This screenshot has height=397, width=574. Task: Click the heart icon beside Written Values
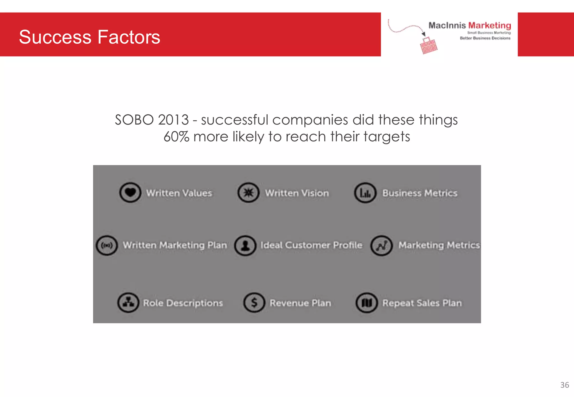[130, 193]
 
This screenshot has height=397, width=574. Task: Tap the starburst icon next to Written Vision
[248, 193]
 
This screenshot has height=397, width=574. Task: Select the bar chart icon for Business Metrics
[365, 193]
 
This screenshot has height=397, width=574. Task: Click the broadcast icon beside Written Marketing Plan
[107, 246]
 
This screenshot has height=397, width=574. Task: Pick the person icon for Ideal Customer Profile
[245, 246]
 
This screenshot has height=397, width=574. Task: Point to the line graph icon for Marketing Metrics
[381, 246]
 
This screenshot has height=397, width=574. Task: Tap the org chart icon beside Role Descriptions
[128, 303]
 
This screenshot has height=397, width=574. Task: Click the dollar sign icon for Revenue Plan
[254, 303]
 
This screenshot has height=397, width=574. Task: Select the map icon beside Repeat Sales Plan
[367, 303]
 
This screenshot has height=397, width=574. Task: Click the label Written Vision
[297, 193]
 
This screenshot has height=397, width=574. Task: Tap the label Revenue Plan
[300, 303]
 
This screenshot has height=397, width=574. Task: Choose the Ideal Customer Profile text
[311, 245]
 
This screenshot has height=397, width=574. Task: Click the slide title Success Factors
[89, 37]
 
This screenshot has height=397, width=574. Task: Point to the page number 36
[564, 385]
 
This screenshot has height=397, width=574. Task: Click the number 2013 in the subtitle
[173, 120]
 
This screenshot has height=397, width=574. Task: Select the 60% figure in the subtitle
[176, 137]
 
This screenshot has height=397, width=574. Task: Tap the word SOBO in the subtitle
[134, 120]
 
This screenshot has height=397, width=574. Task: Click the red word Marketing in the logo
[489, 25]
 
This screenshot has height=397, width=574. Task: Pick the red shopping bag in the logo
[429, 46]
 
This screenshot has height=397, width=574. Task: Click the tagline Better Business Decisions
[485, 38]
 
